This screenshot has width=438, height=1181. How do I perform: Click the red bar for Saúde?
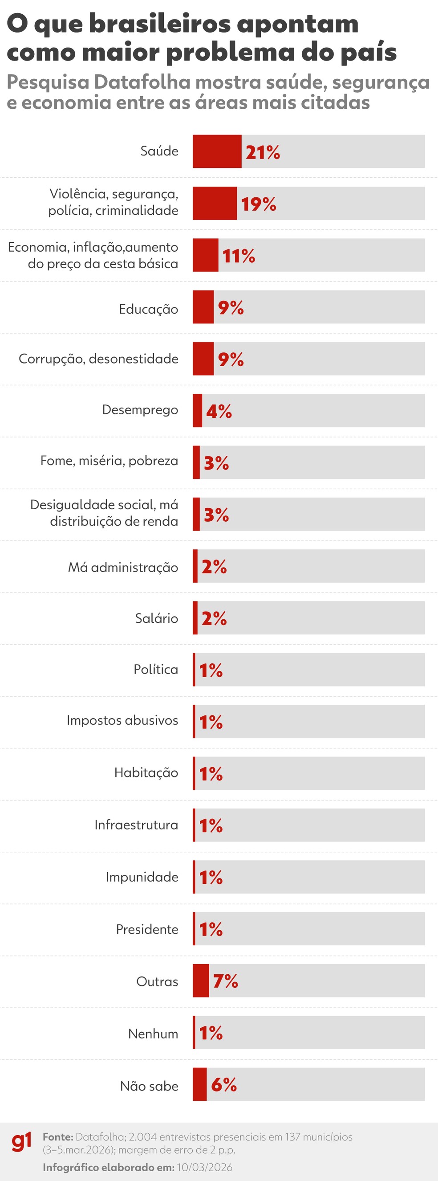pyautogui.click(x=217, y=151)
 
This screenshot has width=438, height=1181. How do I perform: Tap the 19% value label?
pyautogui.click(x=259, y=204)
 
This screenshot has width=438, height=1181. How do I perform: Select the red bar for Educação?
pyautogui.click(x=203, y=307)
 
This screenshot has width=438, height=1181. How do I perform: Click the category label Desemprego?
pyautogui.click(x=140, y=409)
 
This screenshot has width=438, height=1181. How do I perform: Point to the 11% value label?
pyautogui.click(x=238, y=256)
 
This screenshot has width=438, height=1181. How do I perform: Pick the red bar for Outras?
pyautogui.click(x=201, y=981)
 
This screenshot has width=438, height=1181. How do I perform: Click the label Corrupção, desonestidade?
pyautogui.click(x=98, y=359)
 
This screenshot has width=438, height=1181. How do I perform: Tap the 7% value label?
pyautogui.click(x=225, y=981)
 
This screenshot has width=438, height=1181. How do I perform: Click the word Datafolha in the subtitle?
pyautogui.click(x=142, y=82)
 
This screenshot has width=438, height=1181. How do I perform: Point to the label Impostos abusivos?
pyautogui.click(x=122, y=720)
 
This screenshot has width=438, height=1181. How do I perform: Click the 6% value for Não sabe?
pyautogui.click(x=223, y=1085)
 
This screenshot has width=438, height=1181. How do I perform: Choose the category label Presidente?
pyautogui.click(x=146, y=929)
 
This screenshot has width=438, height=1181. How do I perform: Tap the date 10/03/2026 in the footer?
pyautogui.click(x=204, y=1167)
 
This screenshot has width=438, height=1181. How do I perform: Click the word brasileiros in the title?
pyautogui.click(x=159, y=24)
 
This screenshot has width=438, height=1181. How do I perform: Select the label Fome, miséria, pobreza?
pyautogui.click(x=109, y=461)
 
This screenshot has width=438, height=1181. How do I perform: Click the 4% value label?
pyautogui.click(x=219, y=411)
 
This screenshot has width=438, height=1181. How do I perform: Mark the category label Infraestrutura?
pyautogui.click(x=136, y=825)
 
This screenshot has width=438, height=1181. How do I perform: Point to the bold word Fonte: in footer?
pyautogui.click(x=58, y=1137)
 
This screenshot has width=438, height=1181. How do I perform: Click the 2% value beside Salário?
pyautogui.click(x=214, y=618)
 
